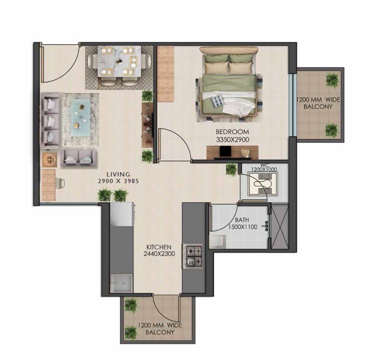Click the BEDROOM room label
coord(232,132)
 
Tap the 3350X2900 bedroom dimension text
coord(232,139)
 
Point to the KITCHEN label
coord(159,247)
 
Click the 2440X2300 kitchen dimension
coord(159,254)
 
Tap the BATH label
coord(242,220)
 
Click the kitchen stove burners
coord(193,255)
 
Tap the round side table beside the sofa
coord(49,159)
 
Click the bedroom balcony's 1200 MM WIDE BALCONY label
coord(318,103)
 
